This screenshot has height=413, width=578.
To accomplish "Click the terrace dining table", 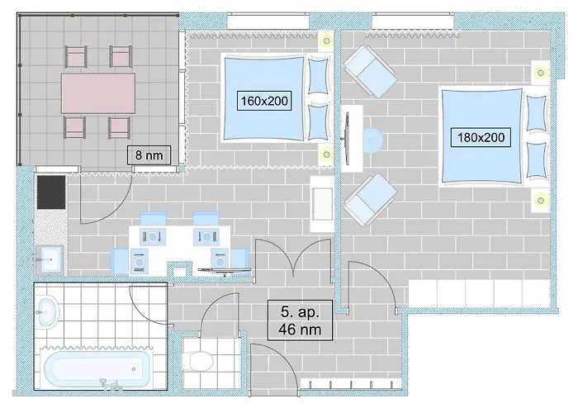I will (98, 92).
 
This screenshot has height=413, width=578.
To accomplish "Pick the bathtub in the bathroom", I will (98, 369).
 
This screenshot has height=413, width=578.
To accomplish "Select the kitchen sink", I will (49, 258).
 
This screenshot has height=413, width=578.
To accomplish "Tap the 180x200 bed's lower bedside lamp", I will (540, 199).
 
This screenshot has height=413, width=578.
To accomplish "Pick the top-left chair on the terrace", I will (75, 56).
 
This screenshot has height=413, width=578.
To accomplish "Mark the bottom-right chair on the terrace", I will (121, 128).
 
